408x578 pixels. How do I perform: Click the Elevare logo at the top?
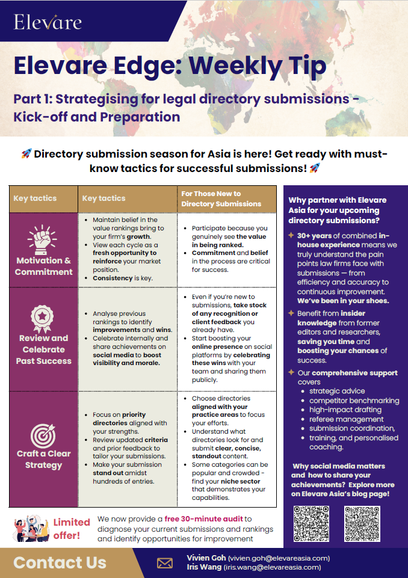coord(48,22)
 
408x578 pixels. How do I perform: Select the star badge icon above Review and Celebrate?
coord(43,318)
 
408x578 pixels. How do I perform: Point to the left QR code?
coord(311,523)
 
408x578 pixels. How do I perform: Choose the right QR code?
coord(362,523)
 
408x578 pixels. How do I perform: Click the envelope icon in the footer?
coord(164,563)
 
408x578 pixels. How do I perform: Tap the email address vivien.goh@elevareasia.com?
coord(279,558)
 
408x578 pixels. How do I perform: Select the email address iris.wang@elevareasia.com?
coord(272,567)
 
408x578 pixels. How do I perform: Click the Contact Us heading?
coord(60,563)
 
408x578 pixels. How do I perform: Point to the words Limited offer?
coord(71,528)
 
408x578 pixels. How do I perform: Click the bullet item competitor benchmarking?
coord(354,401)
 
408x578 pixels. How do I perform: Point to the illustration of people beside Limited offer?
coord(30,527)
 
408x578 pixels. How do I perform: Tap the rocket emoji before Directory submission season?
coord(26,154)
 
